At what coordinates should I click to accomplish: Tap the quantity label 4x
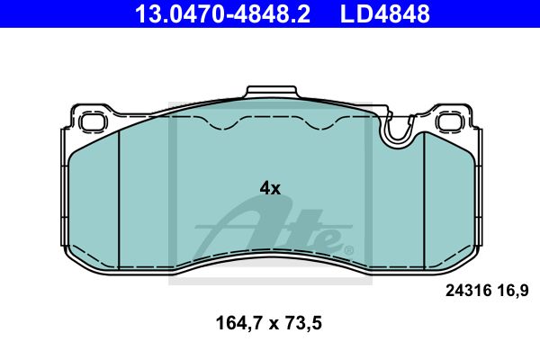[270, 188]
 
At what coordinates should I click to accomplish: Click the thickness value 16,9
[510, 291]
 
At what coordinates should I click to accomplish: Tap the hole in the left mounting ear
[91, 120]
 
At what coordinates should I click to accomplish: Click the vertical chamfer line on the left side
[120, 193]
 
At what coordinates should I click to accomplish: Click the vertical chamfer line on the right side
[421, 193]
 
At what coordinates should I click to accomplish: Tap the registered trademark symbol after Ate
[349, 249]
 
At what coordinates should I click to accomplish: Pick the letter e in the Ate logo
[326, 239]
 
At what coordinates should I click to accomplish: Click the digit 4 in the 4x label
[265, 188]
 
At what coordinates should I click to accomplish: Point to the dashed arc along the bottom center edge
[270, 251]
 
